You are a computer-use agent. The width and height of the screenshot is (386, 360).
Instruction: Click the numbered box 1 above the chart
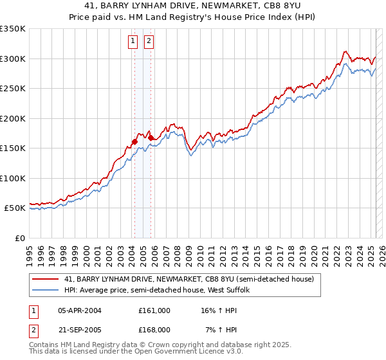click(133, 42)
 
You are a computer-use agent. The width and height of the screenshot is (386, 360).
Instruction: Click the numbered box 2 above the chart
click(149, 42)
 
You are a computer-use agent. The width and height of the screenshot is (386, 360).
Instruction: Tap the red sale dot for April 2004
click(134, 141)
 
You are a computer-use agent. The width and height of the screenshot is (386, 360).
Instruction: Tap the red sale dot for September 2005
click(151, 138)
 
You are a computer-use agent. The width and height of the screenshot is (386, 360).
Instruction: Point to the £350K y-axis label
click(14, 29)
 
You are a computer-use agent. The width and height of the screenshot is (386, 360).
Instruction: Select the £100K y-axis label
click(14, 179)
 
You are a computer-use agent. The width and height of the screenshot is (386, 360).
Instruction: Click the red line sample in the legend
click(46, 279)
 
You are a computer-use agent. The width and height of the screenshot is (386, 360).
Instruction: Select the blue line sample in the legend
click(46, 291)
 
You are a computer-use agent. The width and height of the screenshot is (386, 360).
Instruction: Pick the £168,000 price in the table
click(154, 329)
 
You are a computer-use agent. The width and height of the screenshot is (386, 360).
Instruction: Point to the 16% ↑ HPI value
click(219, 310)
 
